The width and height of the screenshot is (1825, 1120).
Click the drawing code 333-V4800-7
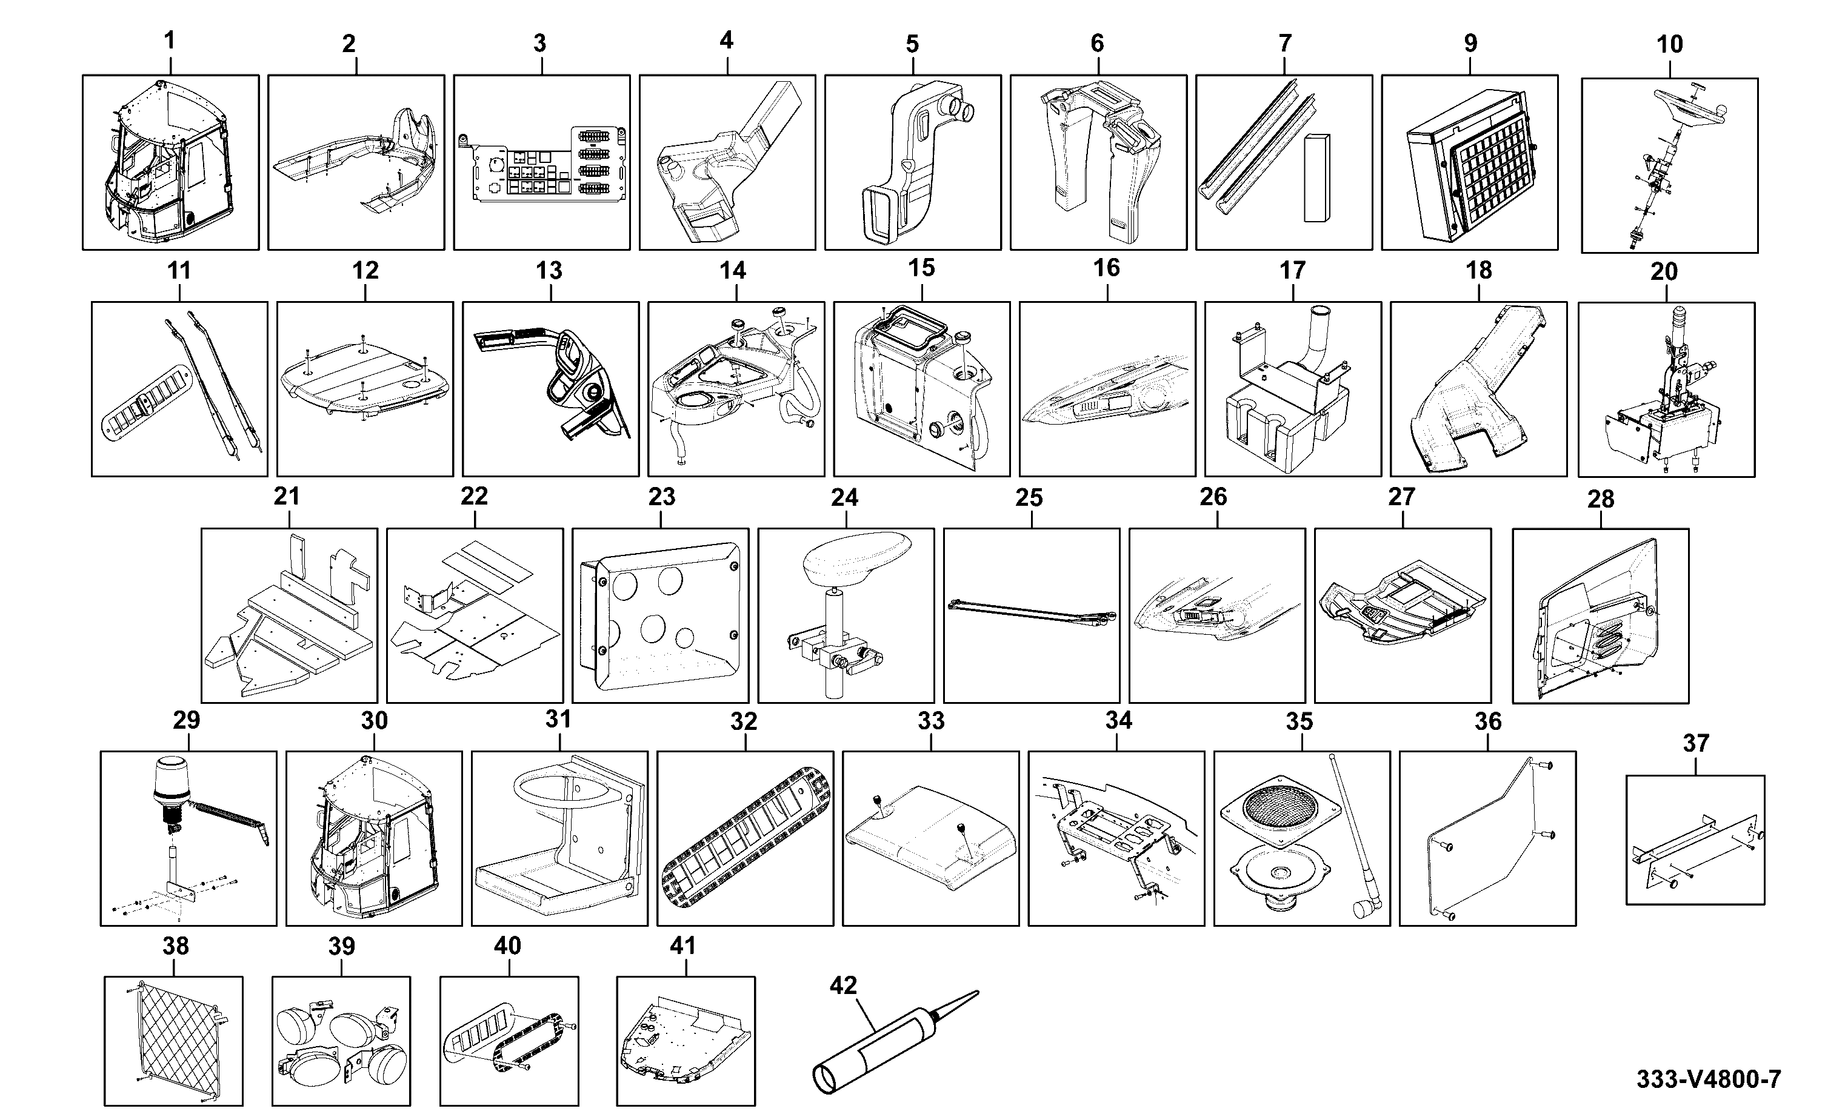1708,1079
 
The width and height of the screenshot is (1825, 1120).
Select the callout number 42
843,985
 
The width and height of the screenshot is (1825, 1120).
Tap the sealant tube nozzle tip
977,993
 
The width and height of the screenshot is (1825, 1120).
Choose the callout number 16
1106,268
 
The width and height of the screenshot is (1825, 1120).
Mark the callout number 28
1601,499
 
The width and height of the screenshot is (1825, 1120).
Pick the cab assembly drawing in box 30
373,837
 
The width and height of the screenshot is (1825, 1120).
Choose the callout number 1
170,41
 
